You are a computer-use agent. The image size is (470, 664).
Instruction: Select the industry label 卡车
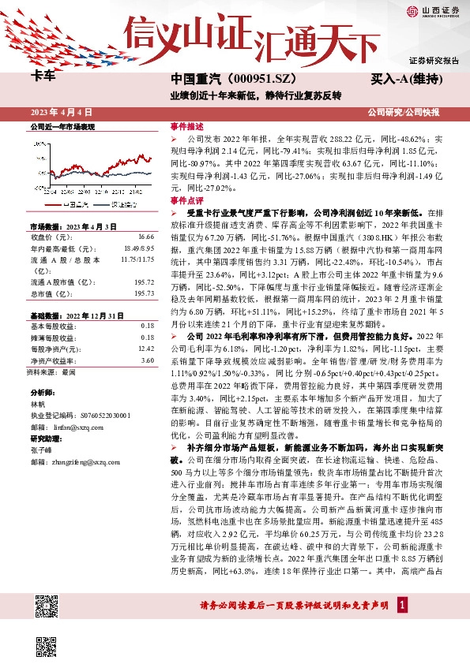pos(43,77)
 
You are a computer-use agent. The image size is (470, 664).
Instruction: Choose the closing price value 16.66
pos(145,237)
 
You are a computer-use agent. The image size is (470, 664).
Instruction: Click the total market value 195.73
pos(143,293)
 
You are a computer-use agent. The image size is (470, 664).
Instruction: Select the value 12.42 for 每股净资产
pos(145,348)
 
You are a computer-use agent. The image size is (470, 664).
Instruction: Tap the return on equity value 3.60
pos(147,360)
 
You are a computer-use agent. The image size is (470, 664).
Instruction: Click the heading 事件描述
pos(187,126)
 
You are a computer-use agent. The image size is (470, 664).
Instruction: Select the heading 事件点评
pos(187,201)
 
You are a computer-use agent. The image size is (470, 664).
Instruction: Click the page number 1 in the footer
pos(402,605)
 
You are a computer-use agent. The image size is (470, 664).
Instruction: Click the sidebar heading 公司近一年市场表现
pos(62,126)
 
